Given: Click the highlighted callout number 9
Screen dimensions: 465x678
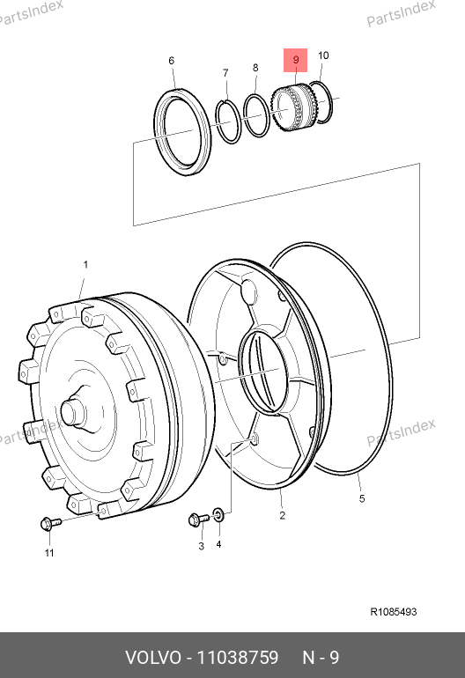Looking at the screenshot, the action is [x=296, y=60].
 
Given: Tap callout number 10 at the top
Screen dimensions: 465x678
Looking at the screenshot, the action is [x=323, y=55].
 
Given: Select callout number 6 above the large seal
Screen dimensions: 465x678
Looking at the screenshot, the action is [x=172, y=61].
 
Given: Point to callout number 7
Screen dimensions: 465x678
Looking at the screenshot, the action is [x=225, y=73].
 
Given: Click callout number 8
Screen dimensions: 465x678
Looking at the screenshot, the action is [x=255, y=68].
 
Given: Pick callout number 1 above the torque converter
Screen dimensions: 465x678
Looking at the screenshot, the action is [x=85, y=264].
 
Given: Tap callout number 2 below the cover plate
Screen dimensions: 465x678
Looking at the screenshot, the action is [x=283, y=515].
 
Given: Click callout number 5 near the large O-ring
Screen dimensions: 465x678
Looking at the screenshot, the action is [x=362, y=498].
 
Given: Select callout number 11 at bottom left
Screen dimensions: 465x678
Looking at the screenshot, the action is [x=49, y=553].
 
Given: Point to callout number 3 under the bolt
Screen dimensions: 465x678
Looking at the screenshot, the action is [x=201, y=546].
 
